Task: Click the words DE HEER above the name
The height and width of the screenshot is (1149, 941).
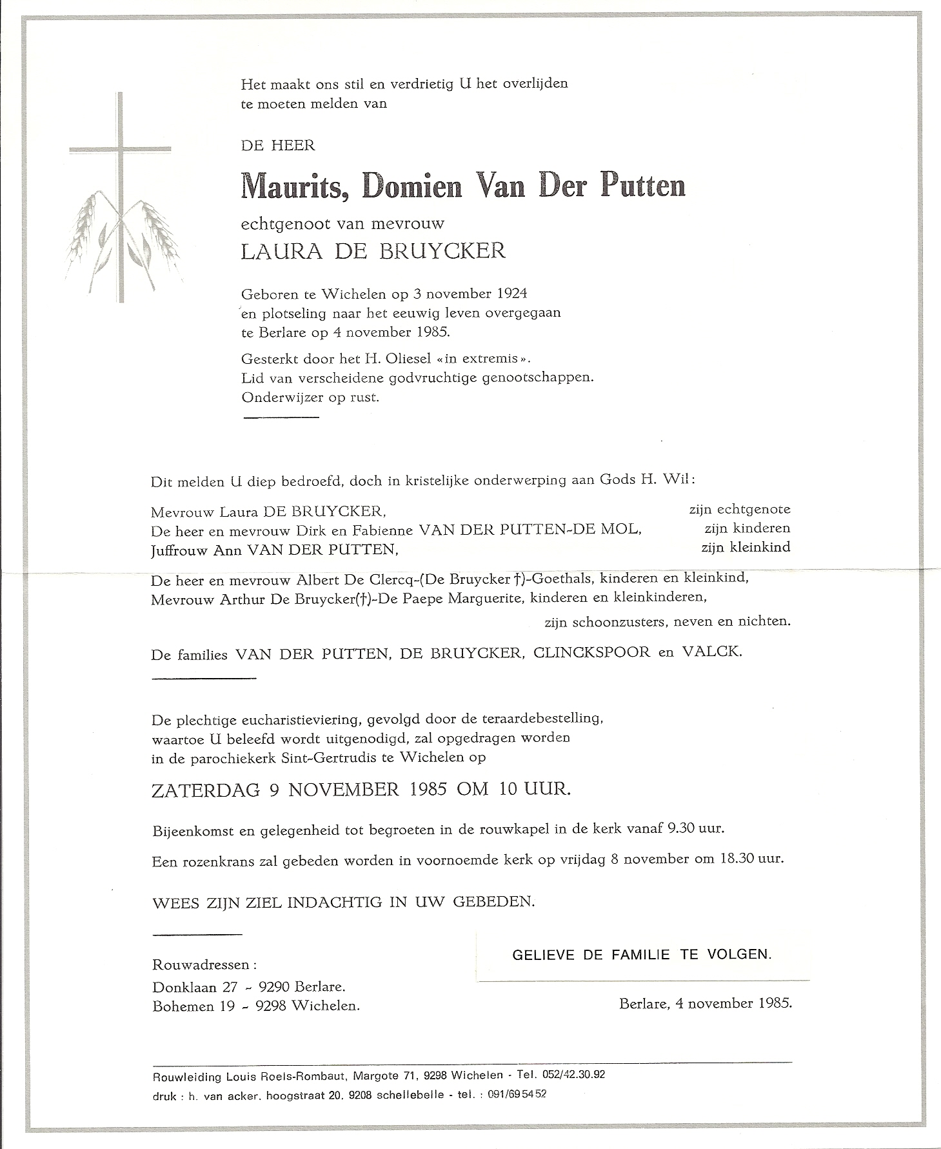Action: point(278,146)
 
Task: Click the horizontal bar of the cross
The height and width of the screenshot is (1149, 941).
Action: point(120,150)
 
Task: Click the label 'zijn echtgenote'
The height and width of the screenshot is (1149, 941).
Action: point(739,509)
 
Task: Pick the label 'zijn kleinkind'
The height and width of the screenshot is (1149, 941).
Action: point(745,548)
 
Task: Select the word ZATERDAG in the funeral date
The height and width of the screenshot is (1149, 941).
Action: point(206,790)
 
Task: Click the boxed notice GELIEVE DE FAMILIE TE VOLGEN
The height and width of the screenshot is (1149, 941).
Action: point(642,955)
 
